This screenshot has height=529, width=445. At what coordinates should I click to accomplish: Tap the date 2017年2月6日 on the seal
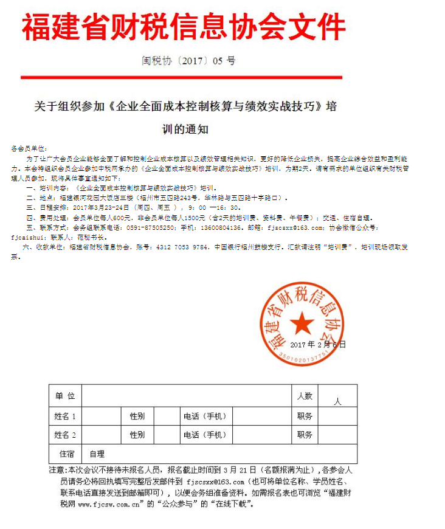tap(317, 344)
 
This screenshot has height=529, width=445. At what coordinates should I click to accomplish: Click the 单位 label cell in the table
tap(65, 396)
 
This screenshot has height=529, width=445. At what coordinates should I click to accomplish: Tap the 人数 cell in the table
tap(305, 396)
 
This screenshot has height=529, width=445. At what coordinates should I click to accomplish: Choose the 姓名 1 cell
tap(65, 417)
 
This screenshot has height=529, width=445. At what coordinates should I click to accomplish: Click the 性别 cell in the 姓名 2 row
tap(137, 435)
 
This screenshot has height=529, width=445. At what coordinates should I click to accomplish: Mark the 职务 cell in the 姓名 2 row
tap(305, 435)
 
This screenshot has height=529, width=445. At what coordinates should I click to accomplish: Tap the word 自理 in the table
tap(97, 454)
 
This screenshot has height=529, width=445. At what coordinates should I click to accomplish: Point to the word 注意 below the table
tap(56, 470)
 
